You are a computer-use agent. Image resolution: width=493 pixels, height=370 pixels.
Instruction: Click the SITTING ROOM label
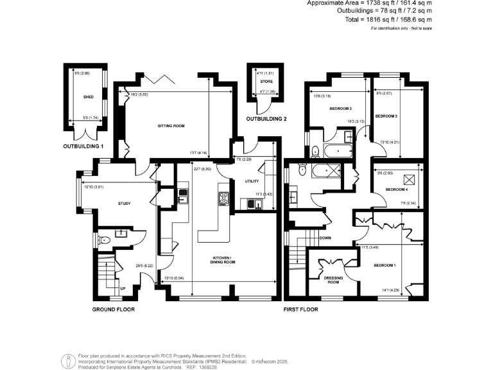[171, 126]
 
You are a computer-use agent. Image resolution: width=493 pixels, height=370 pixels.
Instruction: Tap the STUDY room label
[124, 204]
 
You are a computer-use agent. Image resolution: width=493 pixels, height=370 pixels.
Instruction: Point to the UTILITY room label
[251, 182]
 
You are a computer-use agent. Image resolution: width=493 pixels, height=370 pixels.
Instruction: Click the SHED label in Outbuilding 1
[88, 98]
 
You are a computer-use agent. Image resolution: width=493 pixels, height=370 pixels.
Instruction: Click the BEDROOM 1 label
[386, 265]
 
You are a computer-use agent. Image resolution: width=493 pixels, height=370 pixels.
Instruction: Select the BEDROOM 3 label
[386, 116]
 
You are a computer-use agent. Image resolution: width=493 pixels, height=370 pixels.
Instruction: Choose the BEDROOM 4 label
[396, 190]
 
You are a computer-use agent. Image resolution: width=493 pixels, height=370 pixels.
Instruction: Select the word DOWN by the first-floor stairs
[325, 237]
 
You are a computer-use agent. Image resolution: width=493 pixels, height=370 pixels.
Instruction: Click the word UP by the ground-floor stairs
[123, 288]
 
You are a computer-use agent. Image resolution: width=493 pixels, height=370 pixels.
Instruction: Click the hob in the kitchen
[224, 198]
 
